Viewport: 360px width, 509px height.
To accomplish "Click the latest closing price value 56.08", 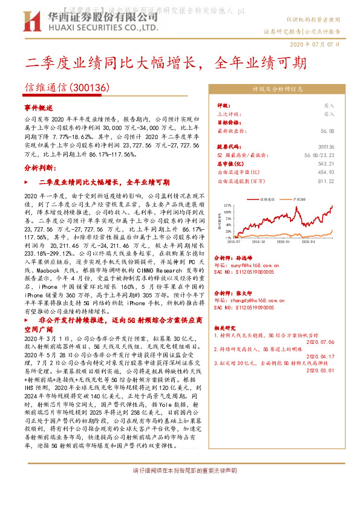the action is coord(327,131).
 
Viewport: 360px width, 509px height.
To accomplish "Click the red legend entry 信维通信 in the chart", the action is coord(267,198).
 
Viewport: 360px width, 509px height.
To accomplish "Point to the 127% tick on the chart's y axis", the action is coord(227,205).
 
